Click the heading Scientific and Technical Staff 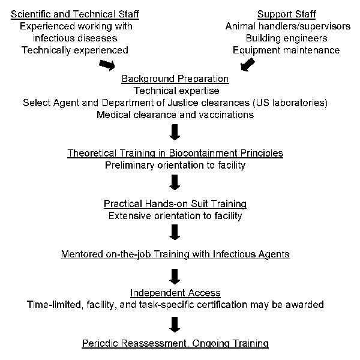(75, 14)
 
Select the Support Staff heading (287, 14)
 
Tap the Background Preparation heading (175, 79)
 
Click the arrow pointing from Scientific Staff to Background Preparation (107, 65)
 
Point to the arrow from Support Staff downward (247, 65)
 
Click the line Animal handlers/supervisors (288, 26)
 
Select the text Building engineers (287, 38)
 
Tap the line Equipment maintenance (286, 50)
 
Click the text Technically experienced (75, 50)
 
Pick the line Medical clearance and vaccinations (175, 115)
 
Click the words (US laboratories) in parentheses (290, 103)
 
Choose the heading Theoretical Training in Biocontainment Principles (175, 153)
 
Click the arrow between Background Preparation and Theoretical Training (175, 132)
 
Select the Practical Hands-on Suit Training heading (175, 203)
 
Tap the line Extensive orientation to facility (175, 216)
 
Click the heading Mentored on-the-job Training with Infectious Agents (175, 254)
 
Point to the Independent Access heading (175, 293)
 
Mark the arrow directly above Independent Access (175, 277)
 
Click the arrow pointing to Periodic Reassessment (175, 325)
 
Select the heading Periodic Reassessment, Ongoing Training (175, 343)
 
